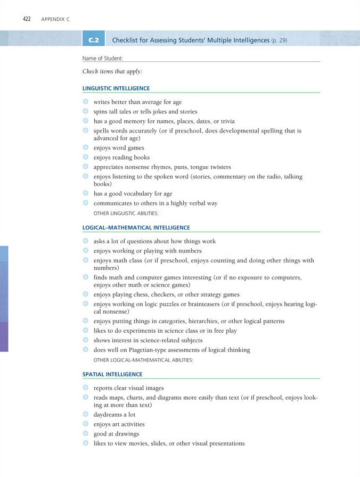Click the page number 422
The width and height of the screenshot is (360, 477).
click(x=26, y=19)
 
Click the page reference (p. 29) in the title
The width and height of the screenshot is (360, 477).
click(x=279, y=40)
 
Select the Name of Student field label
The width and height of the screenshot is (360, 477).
click(x=103, y=58)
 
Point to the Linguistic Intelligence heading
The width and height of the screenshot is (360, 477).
click(x=116, y=88)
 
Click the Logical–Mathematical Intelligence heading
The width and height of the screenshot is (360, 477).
click(x=136, y=228)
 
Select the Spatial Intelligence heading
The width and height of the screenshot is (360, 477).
click(x=112, y=374)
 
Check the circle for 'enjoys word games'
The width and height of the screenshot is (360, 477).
click(x=86, y=147)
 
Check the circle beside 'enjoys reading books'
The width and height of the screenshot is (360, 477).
click(x=86, y=157)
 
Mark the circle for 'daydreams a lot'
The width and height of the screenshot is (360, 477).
click(x=86, y=414)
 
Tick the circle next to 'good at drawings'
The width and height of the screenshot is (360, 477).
click(x=86, y=433)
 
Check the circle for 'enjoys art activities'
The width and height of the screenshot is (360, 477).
click(x=86, y=424)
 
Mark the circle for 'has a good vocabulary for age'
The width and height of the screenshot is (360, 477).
click(x=86, y=193)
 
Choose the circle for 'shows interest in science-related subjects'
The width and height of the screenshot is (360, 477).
click(x=86, y=340)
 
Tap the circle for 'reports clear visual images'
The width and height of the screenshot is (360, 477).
click(x=86, y=388)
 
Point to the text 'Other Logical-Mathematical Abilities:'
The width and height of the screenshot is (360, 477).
click(x=143, y=360)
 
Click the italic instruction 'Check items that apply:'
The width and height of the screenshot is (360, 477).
click(x=112, y=71)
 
